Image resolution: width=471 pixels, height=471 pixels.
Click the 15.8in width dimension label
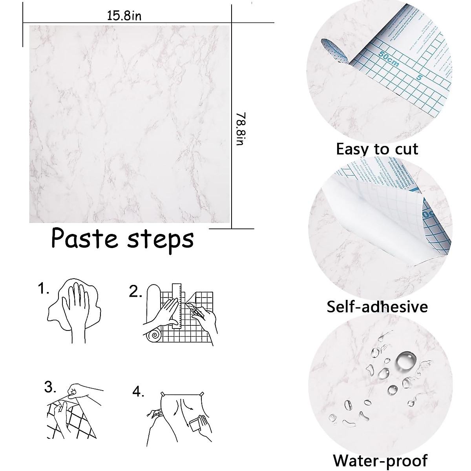[124, 16]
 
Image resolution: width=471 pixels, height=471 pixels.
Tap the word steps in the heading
[161, 239]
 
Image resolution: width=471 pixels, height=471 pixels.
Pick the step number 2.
[135, 292]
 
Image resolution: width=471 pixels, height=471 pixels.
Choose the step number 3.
[50, 388]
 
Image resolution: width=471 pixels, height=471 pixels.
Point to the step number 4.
[138, 392]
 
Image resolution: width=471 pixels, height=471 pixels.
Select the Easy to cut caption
[377, 149]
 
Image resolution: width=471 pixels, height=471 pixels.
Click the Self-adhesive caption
[377, 307]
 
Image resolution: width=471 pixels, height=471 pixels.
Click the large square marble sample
[130, 124]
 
